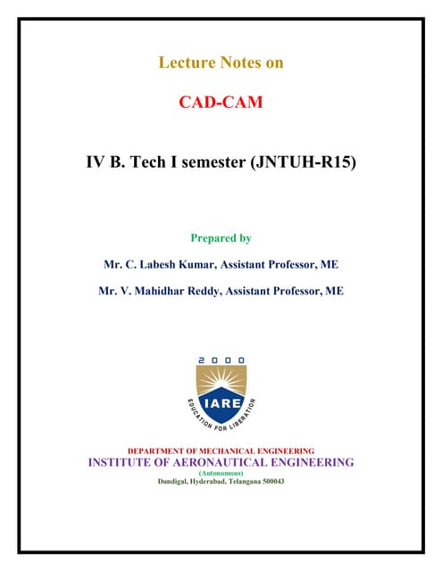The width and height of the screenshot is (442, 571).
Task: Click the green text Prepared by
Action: click(x=221, y=238)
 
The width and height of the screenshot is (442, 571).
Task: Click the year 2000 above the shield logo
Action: click(x=221, y=360)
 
